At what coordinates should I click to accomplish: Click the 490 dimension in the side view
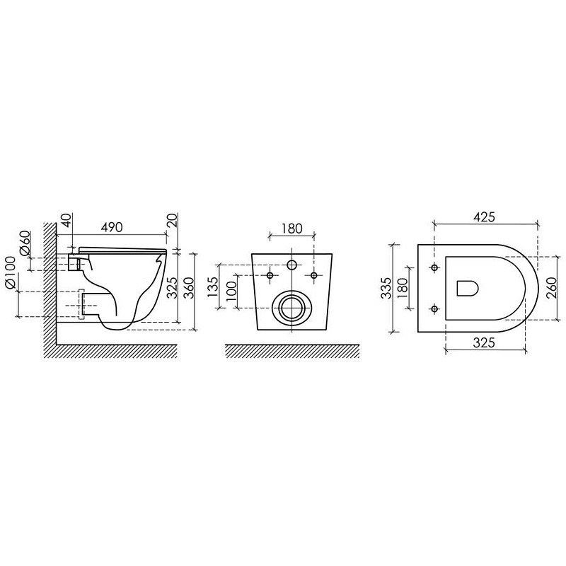[x=112, y=227]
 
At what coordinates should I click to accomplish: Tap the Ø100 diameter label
[x=11, y=272]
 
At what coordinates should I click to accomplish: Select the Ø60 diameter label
[x=25, y=243]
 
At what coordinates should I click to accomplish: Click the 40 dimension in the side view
[x=67, y=220]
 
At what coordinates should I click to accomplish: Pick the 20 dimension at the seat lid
[x=173, y=220]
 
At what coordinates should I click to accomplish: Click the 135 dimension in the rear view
[x=214, y=287]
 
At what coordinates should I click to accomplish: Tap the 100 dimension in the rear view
[x=231, y=291]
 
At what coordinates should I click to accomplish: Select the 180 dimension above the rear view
[x=292, y=229]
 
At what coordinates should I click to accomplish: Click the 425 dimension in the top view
[x=485, y=217]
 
